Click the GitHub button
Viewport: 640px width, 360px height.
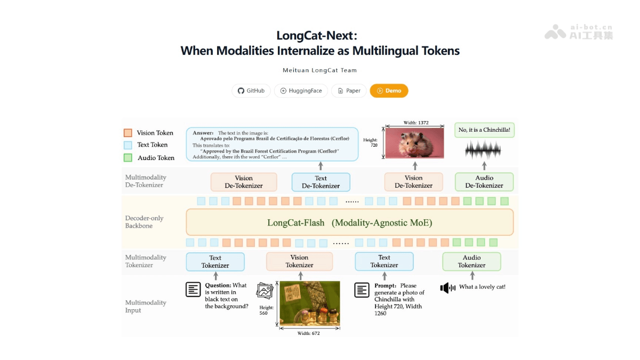tap(251, 91)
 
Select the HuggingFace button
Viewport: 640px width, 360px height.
tap(301, 91)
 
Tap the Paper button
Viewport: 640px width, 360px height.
tap(349, 91)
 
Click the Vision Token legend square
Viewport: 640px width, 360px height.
tap(127, 133)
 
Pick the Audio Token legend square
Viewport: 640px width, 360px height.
tap(127, 158)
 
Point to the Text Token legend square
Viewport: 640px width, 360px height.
tap(127, 145)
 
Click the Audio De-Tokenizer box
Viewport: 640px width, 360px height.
tap(484, 182)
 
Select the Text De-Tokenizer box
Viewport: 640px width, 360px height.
tap(321, 182)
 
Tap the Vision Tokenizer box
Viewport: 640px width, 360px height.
tap(299, 261)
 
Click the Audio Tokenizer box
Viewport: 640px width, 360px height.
tap(471, 261)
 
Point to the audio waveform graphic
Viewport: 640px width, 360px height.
tap(484, 150)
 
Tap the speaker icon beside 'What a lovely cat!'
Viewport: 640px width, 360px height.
tap(447, 288)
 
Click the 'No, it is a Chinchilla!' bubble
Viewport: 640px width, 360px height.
tap(484, 130)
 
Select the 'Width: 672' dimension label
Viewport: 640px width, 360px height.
tap(309, 333)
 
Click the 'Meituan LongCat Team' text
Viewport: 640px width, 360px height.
tap(319, 70)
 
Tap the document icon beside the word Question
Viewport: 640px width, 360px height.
tap(193, 290)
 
